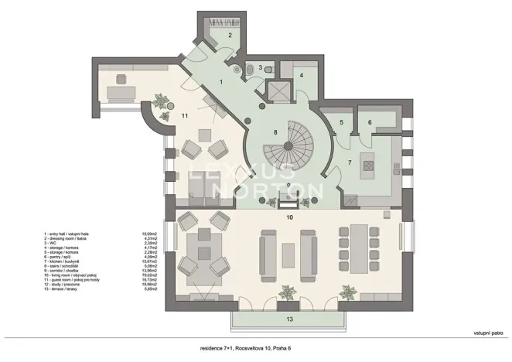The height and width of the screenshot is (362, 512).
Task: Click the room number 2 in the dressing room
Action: [230, 35]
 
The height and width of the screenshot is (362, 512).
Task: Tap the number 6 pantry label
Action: [370, 122]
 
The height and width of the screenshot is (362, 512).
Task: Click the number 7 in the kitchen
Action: [349, 163]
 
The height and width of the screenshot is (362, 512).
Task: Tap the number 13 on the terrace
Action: [289, 318]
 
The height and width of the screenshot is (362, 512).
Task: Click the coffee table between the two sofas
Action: [289, 254]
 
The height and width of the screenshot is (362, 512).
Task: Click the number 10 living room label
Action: [288, 217]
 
